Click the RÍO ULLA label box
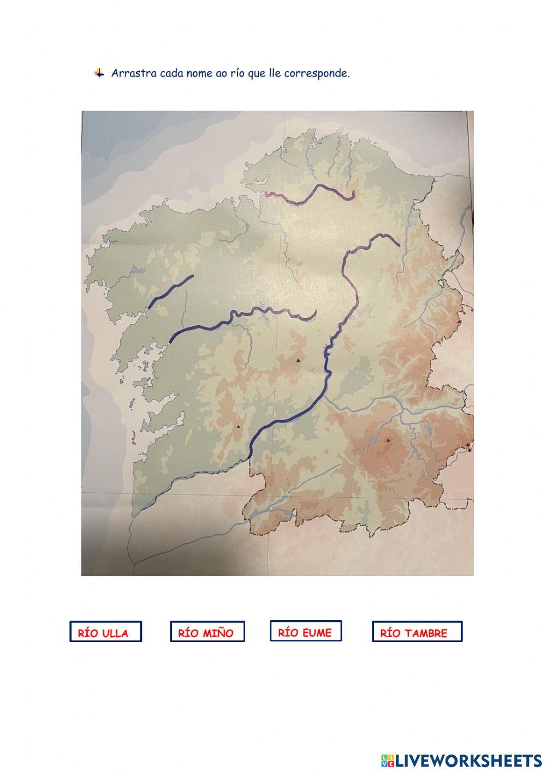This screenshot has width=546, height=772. [105, 632]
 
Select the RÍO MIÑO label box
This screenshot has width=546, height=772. [207, 632]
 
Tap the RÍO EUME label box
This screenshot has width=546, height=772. [305, 631]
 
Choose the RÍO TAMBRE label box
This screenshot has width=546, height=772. [417, 632]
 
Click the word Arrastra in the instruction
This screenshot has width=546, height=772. [134, 73]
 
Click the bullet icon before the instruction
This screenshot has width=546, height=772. [99, 73]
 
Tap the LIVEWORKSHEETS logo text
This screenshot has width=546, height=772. [468, 761]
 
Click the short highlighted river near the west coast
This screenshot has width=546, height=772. [170, 291]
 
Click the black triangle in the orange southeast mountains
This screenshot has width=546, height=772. [388, 440]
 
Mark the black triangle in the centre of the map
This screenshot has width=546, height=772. [298, 361]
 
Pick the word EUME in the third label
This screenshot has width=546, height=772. [317, 633]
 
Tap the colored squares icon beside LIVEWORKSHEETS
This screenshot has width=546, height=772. [388, 761]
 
